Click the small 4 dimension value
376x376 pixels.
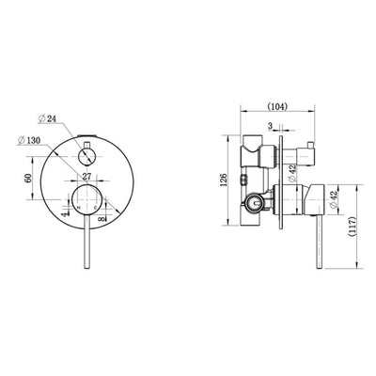63,214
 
